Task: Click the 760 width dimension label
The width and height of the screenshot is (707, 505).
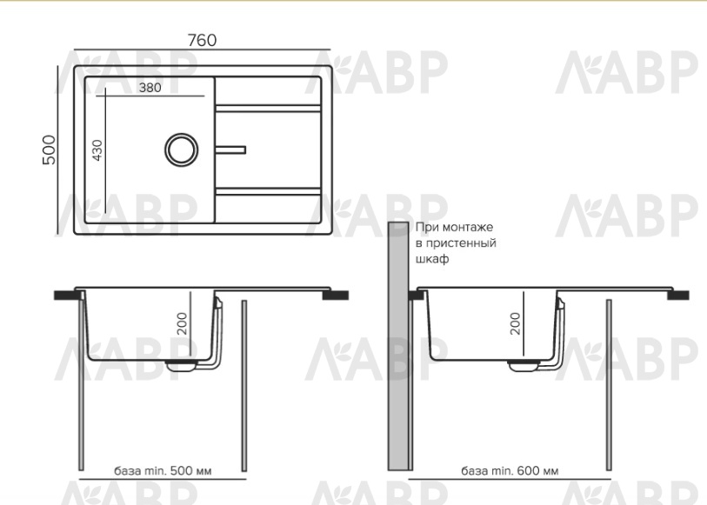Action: [202, 40]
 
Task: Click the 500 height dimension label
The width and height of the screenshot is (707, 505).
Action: [50, 150]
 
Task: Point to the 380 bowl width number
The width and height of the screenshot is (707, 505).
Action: [150, 88]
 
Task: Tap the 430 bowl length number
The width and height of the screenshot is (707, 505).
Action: [97, 150]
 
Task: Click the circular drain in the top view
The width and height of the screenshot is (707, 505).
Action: [181, 150]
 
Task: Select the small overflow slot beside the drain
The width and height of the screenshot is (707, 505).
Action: [230, 150]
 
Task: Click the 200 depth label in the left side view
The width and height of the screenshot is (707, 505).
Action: [182, 323]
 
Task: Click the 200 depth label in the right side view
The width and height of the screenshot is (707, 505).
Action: [515, 323]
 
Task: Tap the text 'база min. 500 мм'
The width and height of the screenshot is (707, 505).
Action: [163, 471]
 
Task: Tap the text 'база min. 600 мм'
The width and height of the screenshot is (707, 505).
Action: [510, 471]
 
